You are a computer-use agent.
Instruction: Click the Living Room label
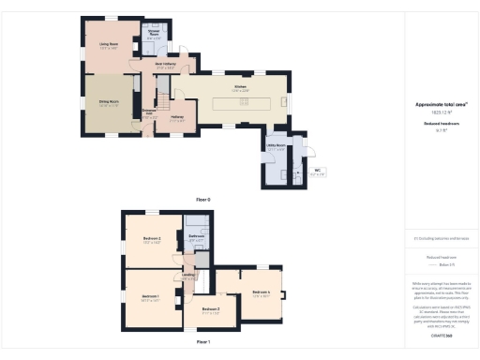(109, 44)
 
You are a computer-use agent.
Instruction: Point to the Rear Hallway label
(166, 66)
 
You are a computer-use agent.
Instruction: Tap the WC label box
(317, 171)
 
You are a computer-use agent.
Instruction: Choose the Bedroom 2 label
(153, 241)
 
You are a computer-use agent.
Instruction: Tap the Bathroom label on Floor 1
(197, 237)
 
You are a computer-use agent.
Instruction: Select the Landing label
(188, 277)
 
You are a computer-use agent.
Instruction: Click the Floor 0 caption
(203, 200)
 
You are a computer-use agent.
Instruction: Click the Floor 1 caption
(203, 343)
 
